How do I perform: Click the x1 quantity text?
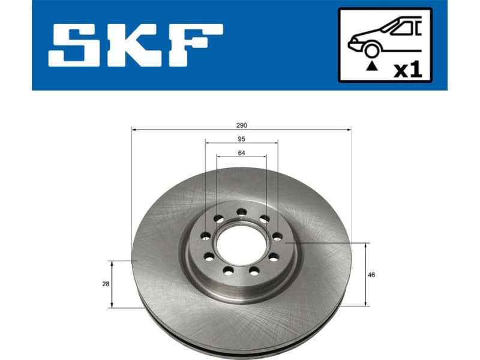pyautogui.click(x=409, y=70)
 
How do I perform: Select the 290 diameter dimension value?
pyautogui.click(x=241, y=125)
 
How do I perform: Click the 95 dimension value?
pyautogui.click(x=241, y=139)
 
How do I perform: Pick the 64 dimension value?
pyautogui.click(x=241, y=152)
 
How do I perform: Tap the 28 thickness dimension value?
pyautogui.click(x=106, y=284)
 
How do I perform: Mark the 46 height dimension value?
pyautogui.click(x=372, y=275)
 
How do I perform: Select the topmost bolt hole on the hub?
pyautogui.click(x=241, y=211)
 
